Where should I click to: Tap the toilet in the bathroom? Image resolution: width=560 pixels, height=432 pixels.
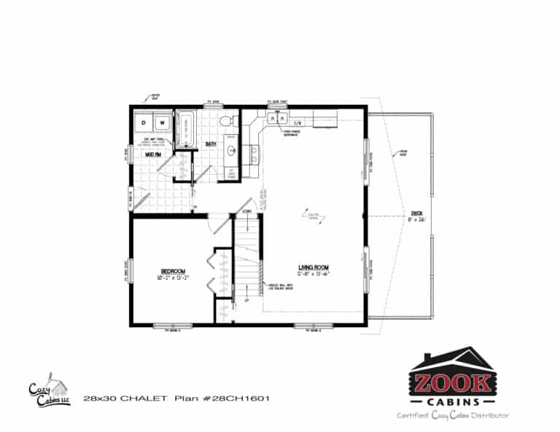pos(227,119)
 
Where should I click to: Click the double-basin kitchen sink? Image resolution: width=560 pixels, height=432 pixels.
pos(277,118)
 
